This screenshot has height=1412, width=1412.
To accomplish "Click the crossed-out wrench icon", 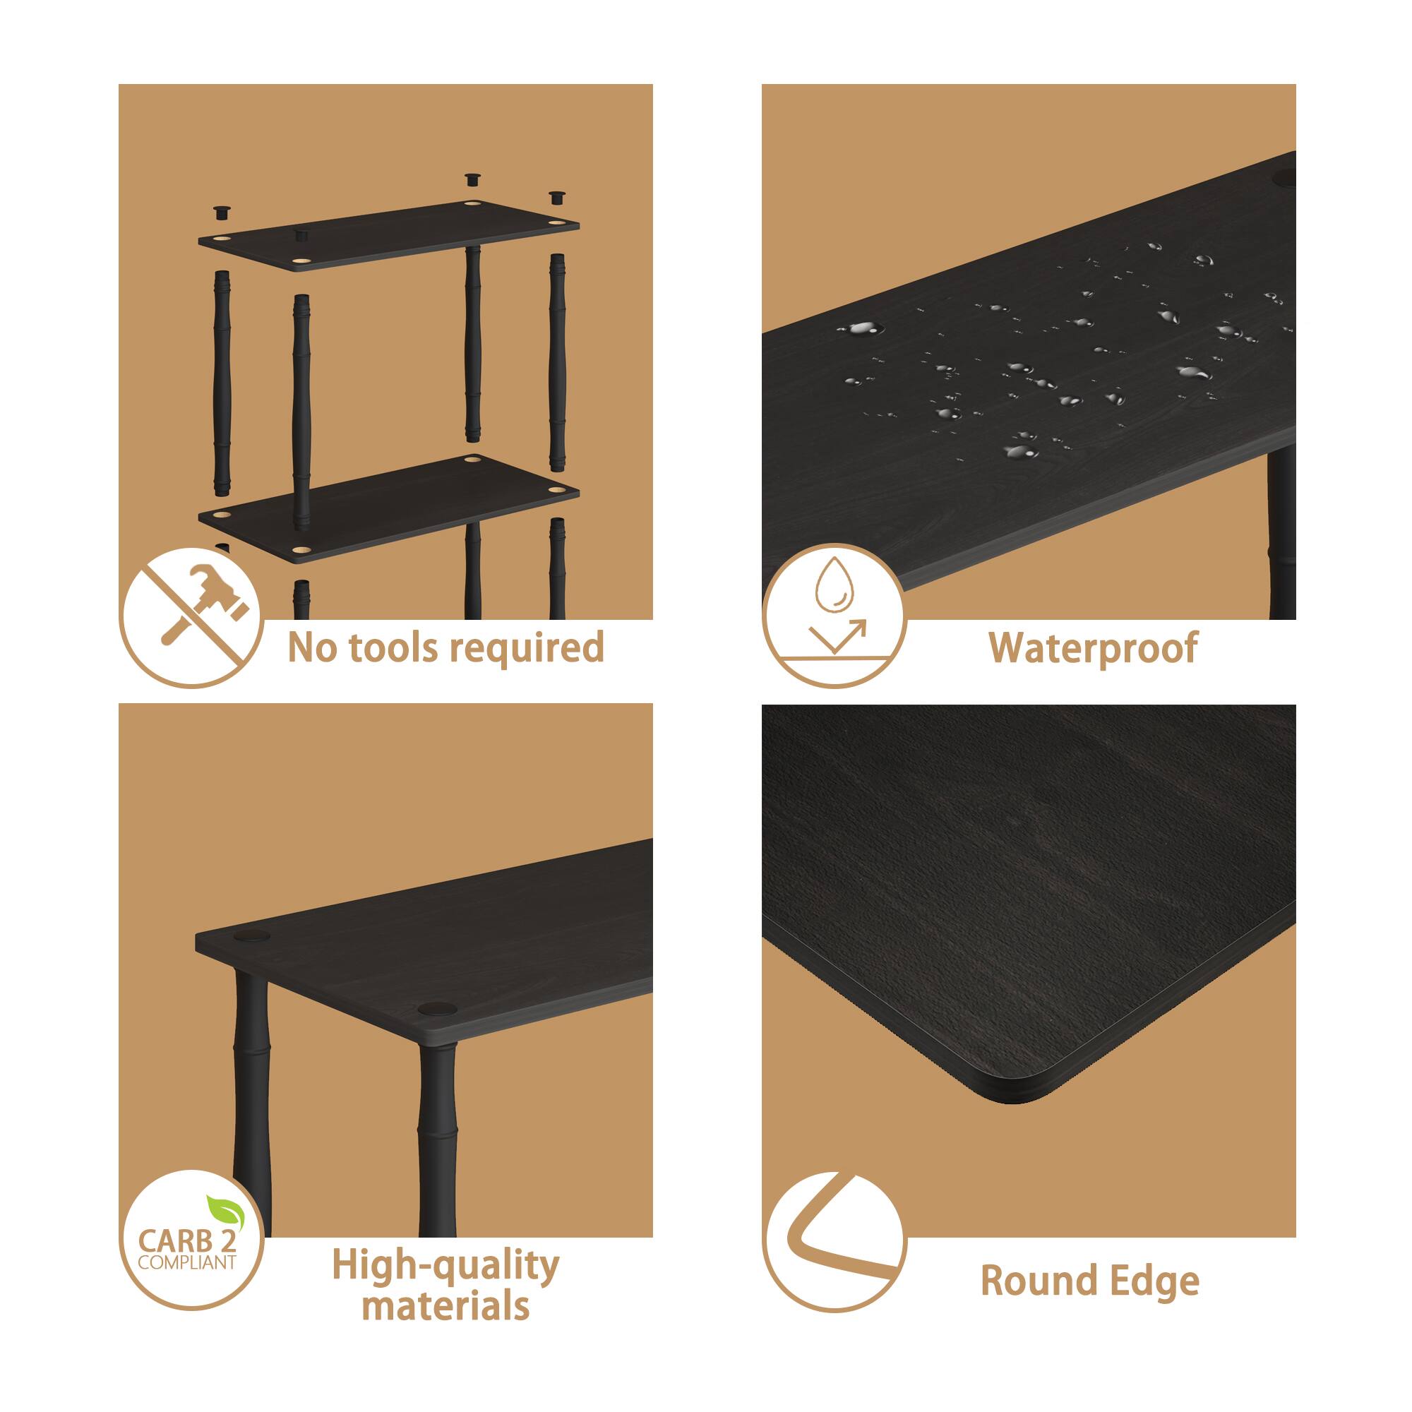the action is [191, 617].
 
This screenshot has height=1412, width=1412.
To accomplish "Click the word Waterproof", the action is [1094, 647].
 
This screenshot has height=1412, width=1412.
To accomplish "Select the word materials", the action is [445, 1306].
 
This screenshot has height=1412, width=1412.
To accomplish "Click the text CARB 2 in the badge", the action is [187, 1241].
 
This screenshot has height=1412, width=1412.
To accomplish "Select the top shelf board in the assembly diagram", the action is [389, 235].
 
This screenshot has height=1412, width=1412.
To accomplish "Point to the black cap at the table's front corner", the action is [436, 1010].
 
